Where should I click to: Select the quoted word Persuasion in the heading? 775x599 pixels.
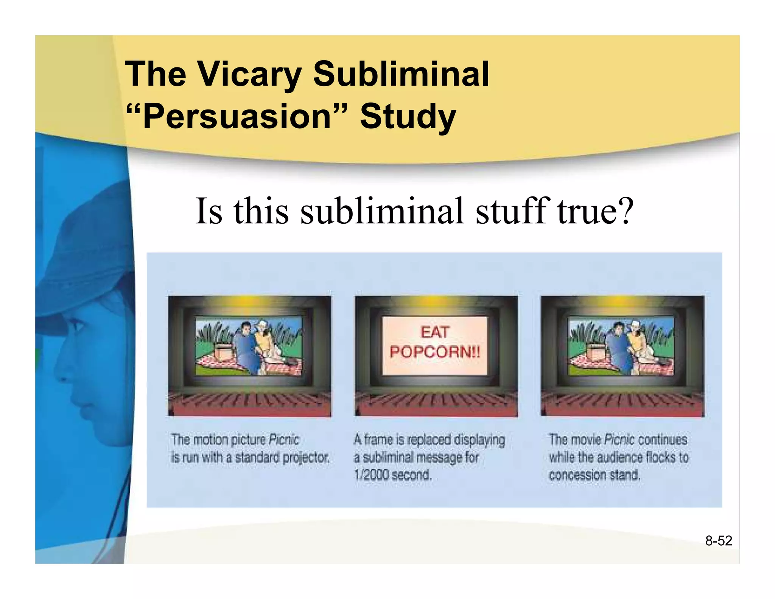click(237, 116)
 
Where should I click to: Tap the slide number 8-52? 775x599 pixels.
click(718, 541)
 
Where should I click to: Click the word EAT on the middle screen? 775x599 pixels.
click(434, 333)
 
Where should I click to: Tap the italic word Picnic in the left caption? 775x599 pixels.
click(284, 440)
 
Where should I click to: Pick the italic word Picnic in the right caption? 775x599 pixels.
click(619, 440)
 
